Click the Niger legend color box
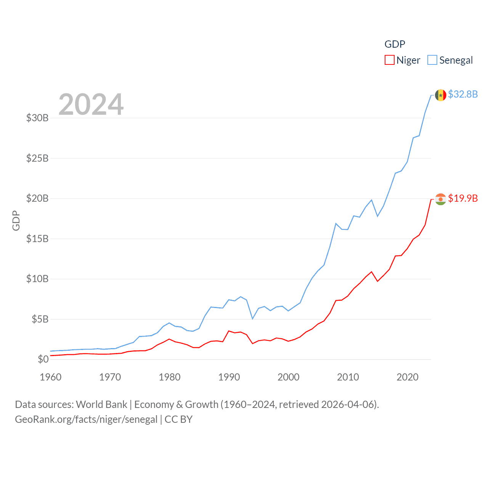(389, 60)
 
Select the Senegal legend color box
(432, 60)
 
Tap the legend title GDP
(395, 44)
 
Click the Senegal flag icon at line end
(440, 95)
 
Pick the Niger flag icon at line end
(440, 199)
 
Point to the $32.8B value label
(463, 94)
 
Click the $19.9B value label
(463, 198)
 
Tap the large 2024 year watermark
(91, 104)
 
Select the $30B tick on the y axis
(37, 118)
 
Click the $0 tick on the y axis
(43, 359)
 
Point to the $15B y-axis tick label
(37, 239)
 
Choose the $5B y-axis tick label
(40, 319)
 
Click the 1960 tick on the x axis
(51, 377)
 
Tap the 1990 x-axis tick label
(229, 377)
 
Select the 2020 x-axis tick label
(408, 377)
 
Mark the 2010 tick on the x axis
(348, 377)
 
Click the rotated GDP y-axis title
(16, 220)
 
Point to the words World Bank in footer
(102, 405)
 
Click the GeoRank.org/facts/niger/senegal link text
(86, 419)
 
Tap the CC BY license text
(178, 419)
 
